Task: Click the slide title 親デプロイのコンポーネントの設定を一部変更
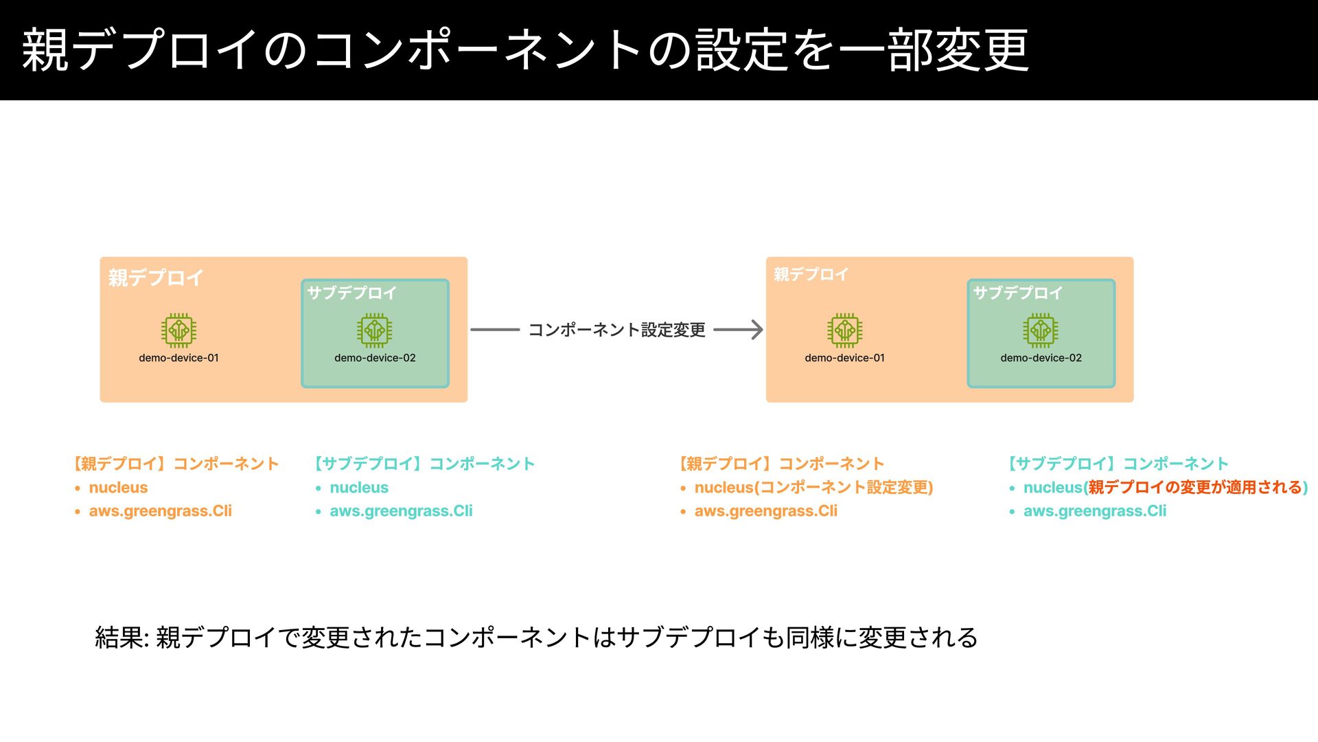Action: (x=525, y=49)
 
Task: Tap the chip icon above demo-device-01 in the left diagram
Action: (x=178, y=330)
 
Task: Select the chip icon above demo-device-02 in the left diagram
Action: (x=374, y=330)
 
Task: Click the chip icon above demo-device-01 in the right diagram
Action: (x=844, y=330)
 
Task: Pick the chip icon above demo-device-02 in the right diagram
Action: (x=1040, y=330)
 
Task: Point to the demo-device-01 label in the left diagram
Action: (x=178, y=358)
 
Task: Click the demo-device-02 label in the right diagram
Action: (x=1041, y=358)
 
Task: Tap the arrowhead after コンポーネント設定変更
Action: (x=756, y=330)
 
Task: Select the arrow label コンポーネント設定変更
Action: (x=616, y=330)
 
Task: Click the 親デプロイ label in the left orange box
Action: (x=156, y=278)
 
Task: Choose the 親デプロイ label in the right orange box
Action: (x=811, y=274)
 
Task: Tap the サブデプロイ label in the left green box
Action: (x=351, y=293)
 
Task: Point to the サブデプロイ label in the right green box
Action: (x=1017, y=293)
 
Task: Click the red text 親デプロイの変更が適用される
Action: (x=1195, y=487)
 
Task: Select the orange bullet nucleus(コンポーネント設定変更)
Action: (x=813, y=487)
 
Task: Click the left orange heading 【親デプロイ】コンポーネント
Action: (x=176, y=464)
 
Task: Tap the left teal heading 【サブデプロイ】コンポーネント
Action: (x=424, y=464)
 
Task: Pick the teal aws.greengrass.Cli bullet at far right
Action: (x=1095, y=510)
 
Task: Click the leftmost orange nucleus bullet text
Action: (x=118, y=487)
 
